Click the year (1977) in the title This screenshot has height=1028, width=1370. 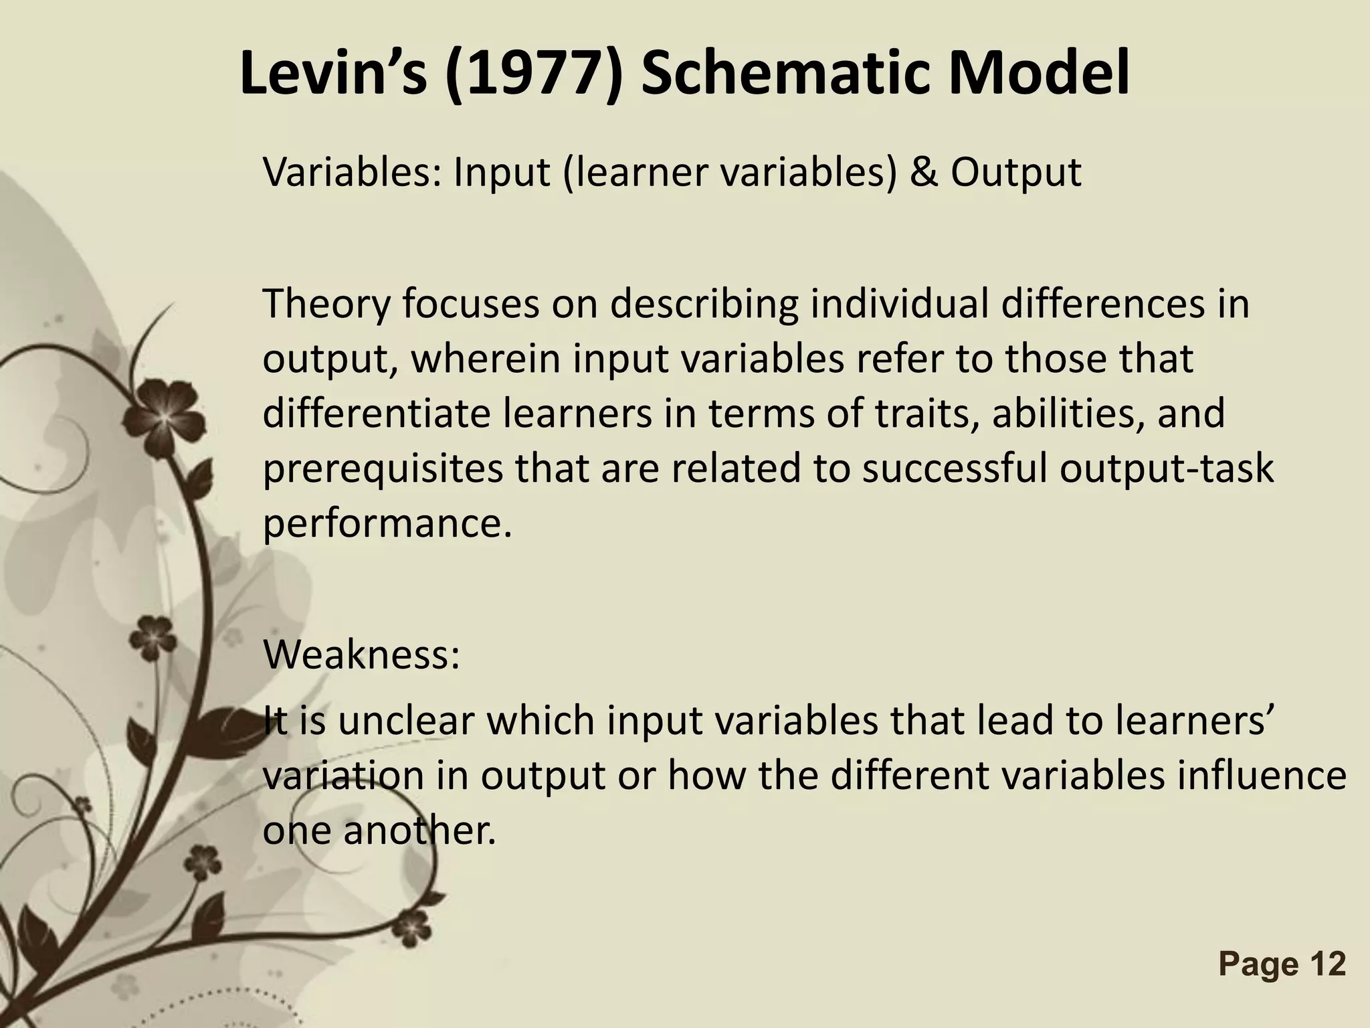click(x=532, y=75)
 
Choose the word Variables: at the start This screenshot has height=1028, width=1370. click(x=352, y=173)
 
